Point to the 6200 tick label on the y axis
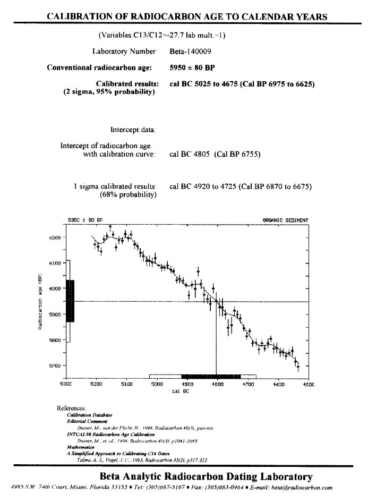(56, 237)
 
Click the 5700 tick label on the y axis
(56, 366)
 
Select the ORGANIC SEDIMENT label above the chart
(285, 220)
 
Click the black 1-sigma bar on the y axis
(70, 301)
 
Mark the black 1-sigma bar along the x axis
(211, 376)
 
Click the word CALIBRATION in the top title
(80, 16)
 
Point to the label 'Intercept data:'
(133, 130)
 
